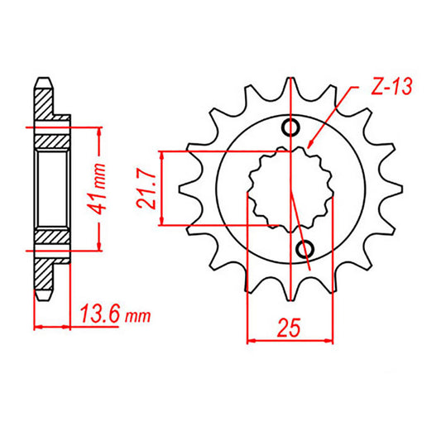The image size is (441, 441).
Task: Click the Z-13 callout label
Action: pos(391,86)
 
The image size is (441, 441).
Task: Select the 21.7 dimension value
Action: pos(146,189)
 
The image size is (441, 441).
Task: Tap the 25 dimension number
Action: pos(289,328)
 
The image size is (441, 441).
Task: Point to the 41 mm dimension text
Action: pos(96,189)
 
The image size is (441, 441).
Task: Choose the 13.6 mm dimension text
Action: pos(116,314)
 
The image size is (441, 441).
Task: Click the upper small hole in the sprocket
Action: pos(290,128)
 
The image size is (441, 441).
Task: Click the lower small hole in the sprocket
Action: pos(305,249)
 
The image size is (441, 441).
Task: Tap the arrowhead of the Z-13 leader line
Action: pos(310,144)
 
